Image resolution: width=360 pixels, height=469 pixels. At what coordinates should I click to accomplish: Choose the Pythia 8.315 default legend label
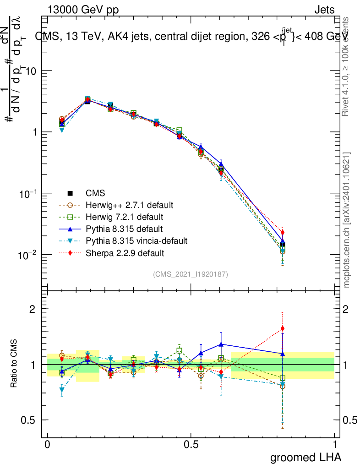(124, 229)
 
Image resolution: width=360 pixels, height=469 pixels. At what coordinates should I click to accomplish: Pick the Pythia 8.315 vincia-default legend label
(136, 240)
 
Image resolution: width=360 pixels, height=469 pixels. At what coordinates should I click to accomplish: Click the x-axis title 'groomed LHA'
(305, 457)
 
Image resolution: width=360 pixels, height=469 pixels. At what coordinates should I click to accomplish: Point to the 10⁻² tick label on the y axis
(29, 255)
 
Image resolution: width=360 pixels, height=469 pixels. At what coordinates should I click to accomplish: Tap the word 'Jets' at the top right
(324, 10)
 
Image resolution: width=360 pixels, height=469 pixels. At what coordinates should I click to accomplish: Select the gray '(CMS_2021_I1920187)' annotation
(191, 274)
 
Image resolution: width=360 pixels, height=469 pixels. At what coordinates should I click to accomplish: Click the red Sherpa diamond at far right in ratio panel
(283, 328)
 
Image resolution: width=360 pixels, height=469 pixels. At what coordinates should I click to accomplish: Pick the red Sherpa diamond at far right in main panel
(283, 233)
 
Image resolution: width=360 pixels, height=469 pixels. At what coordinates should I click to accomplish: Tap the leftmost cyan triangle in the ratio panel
(62, 390)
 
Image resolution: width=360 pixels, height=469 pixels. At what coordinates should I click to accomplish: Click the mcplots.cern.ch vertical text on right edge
(347, 220)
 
